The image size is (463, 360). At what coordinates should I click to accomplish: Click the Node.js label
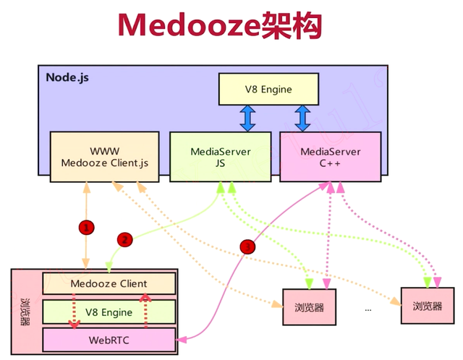coord(67,77)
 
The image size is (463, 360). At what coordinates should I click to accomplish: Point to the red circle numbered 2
coord(124,239)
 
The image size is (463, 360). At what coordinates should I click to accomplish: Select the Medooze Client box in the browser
coord(109,283)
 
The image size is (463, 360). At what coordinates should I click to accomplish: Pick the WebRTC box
coord(109,338)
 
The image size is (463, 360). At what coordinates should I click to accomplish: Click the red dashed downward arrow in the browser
coord(72,311)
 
